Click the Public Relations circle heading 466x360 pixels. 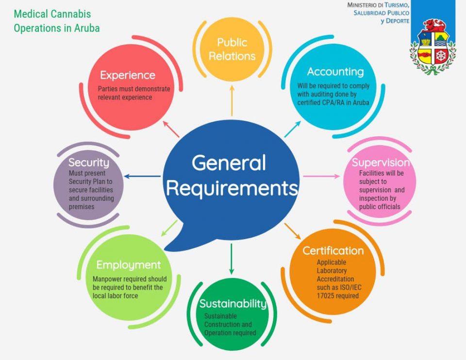[232, 49]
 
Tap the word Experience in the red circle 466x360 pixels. [128, 75]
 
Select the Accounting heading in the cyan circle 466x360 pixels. [335, 72]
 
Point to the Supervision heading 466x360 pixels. [381, 163]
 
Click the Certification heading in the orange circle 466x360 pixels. [333, 251]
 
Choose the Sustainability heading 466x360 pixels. [233, 304]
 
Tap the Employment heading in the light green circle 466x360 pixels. [128, 265]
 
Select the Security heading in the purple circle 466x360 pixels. [89, 163]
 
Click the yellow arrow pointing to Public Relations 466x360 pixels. [232, 100]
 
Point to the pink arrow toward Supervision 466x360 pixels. [321, 177]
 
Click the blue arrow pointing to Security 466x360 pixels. [142, 177]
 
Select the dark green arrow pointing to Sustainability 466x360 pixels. [232, 259]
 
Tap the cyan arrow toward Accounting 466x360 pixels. [292, 129]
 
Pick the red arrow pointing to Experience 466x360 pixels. [171, 129]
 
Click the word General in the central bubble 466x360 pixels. [229, 163]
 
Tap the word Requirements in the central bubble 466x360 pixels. [232, 188]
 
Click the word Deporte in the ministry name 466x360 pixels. [398, 21]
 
